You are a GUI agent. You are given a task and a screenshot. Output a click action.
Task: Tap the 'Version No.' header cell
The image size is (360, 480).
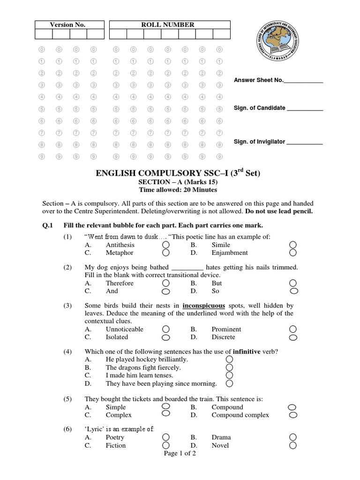pyautogui.click(x=67, y=25)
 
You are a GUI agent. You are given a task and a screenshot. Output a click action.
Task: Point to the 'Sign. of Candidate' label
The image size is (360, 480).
pyautogui.click(x=259, y=108)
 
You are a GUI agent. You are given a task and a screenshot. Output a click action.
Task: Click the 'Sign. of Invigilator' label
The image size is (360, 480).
pyautogui.click(x=259, y=142)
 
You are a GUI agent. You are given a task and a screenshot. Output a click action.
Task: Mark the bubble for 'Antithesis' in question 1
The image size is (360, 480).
pyautogui.click(x=165, y=245)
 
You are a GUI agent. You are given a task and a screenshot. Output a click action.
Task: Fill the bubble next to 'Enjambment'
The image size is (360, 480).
pyautogui.click(x=292, y=253)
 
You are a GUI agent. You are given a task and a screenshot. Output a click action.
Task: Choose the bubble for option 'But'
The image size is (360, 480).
pyautogui.click(x=292, y=283)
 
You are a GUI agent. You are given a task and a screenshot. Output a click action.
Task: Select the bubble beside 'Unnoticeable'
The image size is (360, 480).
pyautogui.click(x=165, y=330)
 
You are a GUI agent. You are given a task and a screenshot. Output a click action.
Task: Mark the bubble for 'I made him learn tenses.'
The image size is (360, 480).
pyautogui.click(x=229, y=375)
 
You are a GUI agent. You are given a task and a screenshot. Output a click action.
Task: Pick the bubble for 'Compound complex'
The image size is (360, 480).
pyautogui.click(x=292, y=415)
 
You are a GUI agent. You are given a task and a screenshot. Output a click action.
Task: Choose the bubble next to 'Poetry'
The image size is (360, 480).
pyautogui.click(x=165, y=437)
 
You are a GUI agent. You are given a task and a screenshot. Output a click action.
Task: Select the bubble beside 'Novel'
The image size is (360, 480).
pyautogui.click(x=292, y=445)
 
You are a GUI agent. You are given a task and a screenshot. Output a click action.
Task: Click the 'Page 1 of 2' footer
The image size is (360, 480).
pyautogui.click(x=180, y=454)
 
